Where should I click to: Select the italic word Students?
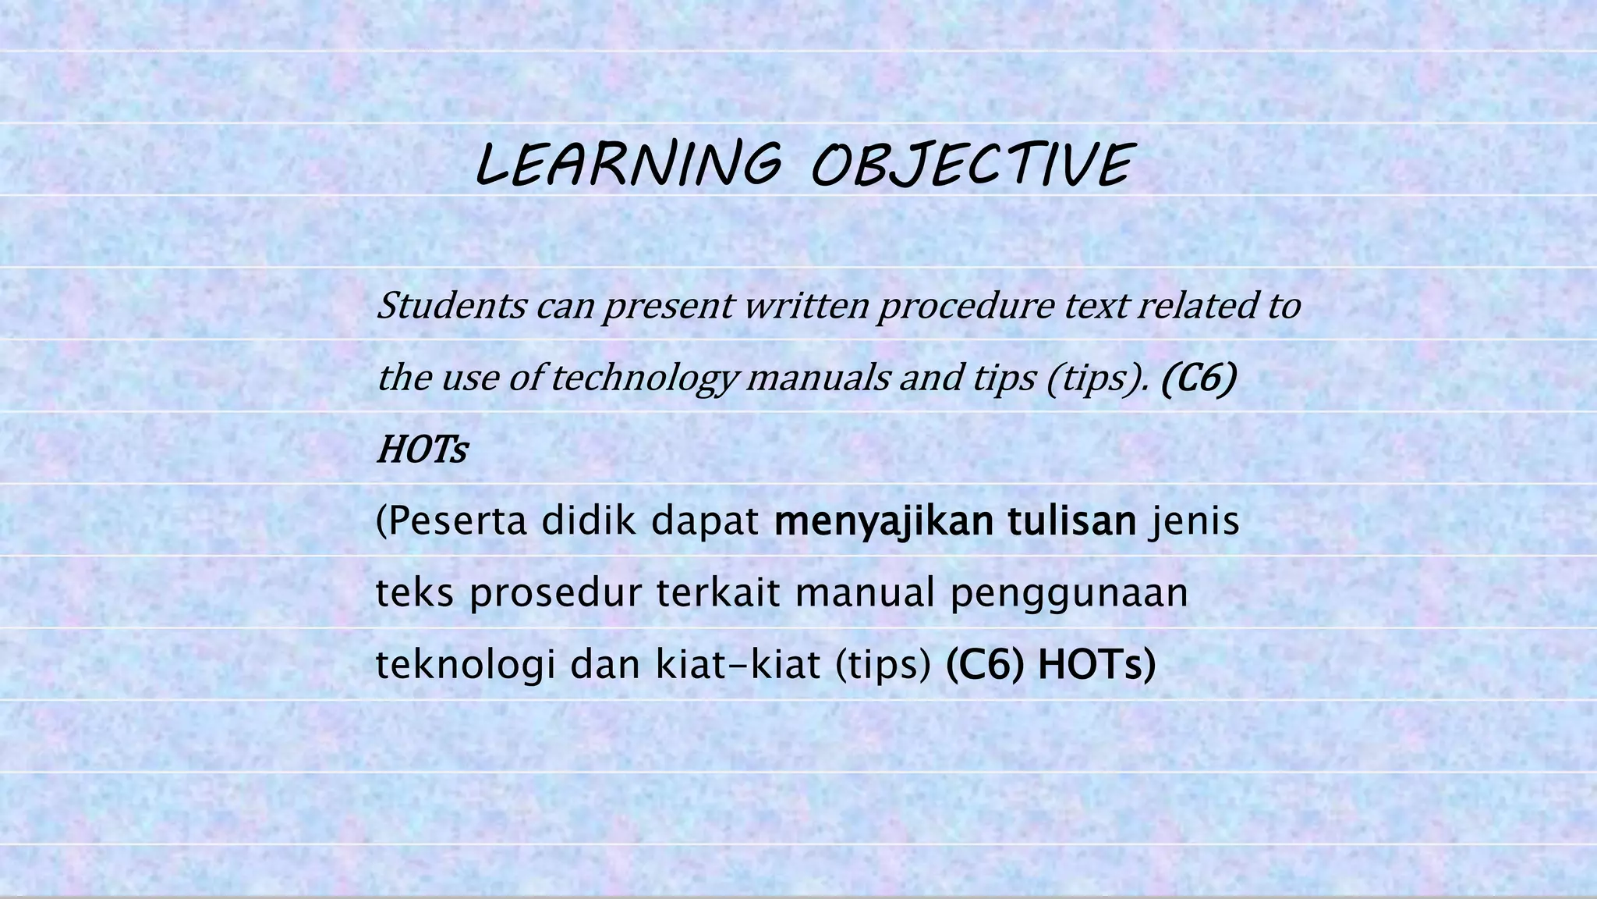(x=451, y=305)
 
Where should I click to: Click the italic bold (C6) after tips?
(x=1199, y=378)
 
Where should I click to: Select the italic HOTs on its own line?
(x=422, y=450)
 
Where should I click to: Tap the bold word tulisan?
(x=1071, y=521)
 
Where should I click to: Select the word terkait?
(x=717, y=593)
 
